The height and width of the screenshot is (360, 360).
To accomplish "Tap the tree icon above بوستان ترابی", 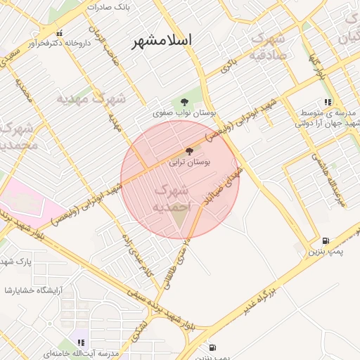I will tap(188, 151).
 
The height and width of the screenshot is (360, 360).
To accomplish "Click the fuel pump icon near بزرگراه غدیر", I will tap(325, 240).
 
